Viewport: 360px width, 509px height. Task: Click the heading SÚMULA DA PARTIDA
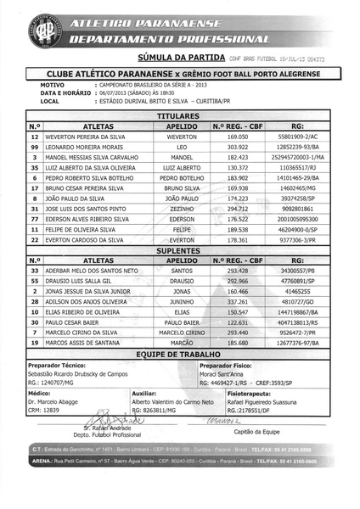180,58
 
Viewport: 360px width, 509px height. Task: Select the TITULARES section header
180,115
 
